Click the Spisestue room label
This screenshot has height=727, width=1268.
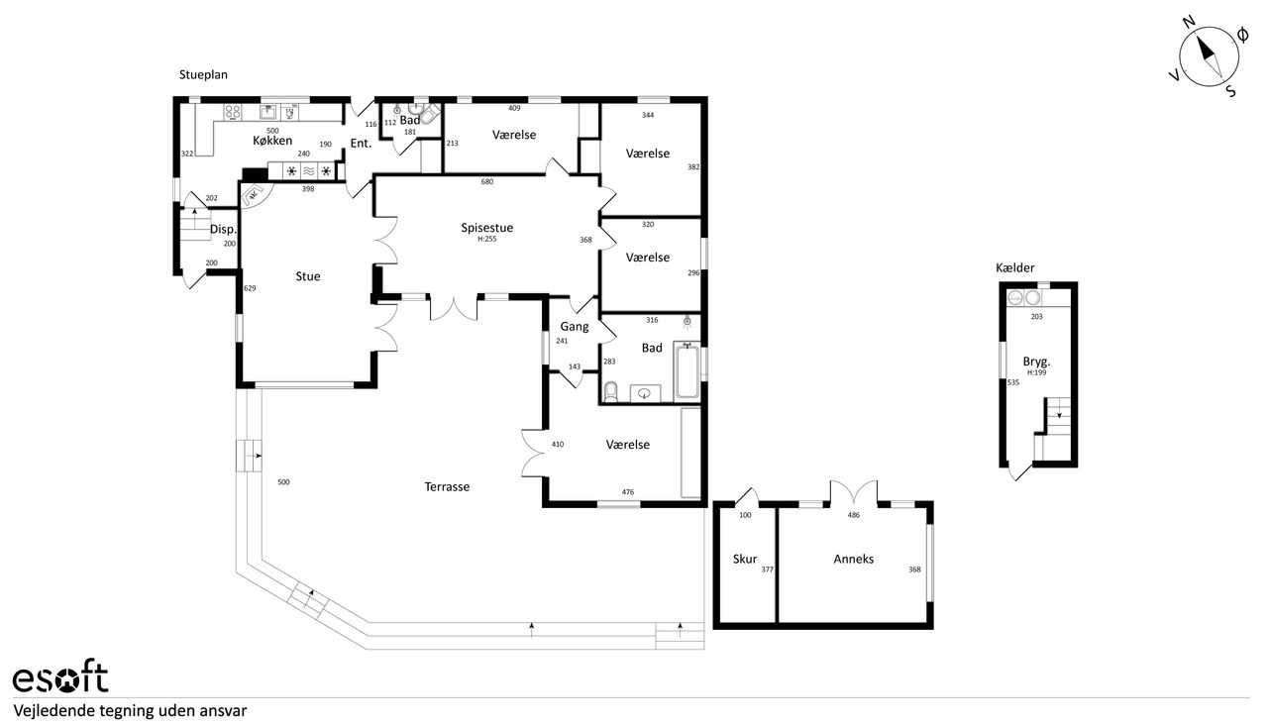[x=486, y=228]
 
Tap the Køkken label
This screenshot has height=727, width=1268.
[x=272, y=141]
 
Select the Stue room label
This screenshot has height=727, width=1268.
[x=308, y=276]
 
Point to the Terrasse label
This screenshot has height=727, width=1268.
[x=447, y=487]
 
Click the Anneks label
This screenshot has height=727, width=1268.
[x=854, y=559]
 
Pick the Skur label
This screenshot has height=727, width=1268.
[x=745, y=559]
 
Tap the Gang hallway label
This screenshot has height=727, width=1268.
[x=575, y=327]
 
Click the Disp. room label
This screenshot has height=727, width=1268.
[x=223, y=230]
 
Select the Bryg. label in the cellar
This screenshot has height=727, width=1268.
[x=1036, y=362]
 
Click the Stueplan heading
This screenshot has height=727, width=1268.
[x=203, y=74]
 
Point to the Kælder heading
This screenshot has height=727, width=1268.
[x=1015, y=267]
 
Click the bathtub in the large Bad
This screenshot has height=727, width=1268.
[x=687, y=369]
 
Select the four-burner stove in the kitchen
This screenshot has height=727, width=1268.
[x=233, y=112]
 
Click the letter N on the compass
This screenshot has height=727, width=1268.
[x=1189, y=38]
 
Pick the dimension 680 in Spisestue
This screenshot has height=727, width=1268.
[x=487, y=182]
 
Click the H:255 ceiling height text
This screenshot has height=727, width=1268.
[x=486, y=239]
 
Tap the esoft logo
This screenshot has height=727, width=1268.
[x=60, y=677]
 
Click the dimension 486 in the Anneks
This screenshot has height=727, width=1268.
[x=854, y=515]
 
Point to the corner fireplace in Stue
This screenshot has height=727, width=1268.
[x=255, y=195]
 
